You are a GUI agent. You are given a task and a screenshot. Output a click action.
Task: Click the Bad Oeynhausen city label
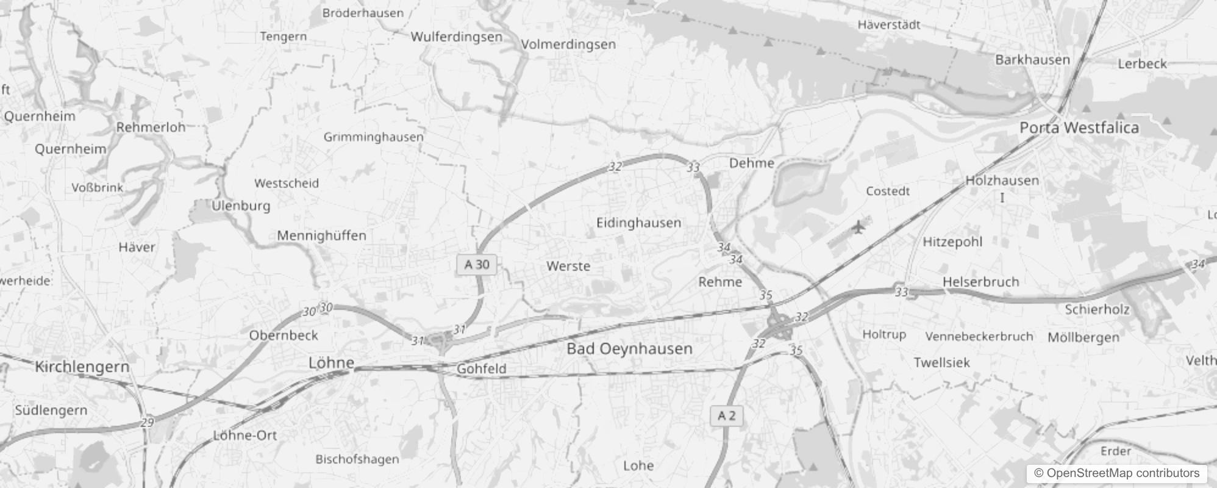click(629, 349)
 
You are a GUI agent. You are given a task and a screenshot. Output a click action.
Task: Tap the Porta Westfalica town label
click(1079, 127)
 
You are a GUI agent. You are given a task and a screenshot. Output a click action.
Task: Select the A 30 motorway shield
click(477, 264)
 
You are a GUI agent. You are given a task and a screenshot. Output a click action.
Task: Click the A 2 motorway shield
click(726, 416)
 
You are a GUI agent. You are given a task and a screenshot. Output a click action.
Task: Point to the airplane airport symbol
click(858, 228)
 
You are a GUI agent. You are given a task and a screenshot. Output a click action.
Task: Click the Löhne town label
click(331, 363)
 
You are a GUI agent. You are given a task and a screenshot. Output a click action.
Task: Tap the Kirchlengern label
click(82, 367)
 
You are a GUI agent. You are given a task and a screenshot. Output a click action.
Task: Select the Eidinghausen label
click(638, 223)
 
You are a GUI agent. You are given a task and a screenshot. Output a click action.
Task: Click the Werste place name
click(568, 266)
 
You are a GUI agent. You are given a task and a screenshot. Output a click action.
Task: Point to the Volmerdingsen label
click(568, 45)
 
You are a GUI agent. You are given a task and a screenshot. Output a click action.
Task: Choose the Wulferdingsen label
click(456, 37)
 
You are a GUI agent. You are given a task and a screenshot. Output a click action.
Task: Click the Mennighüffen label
click(321, 235)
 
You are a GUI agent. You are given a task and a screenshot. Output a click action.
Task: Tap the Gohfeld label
click(481, 368)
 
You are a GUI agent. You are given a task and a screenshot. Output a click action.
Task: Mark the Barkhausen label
click(1032, 60)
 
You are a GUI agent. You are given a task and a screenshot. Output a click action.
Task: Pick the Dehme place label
click(751, 163)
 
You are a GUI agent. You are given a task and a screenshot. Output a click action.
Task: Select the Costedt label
click(887, 191)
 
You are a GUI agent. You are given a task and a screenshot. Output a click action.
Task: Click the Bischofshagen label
click(357, 459)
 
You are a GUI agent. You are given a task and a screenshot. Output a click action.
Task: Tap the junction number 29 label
click(147, 422)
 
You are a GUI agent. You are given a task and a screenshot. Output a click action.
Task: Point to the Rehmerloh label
click(151, 127)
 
